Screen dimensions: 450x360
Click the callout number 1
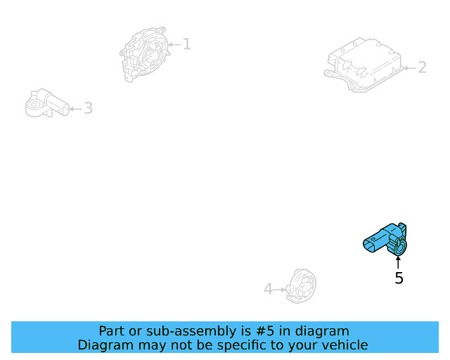(x=187, y=44)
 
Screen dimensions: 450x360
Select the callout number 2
(x=422, y=67)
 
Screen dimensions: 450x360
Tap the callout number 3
(x=88, y=108)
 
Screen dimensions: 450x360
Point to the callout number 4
(x=268, y=289)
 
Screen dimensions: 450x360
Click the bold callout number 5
(x=399, y=278)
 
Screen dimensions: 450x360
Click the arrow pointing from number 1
(x=174, y=44)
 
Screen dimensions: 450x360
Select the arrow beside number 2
(x=409, y=68)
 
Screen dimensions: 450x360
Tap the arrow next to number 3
(x=75, y=109)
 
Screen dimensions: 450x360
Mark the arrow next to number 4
(x=280, y=290)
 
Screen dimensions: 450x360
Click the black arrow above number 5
(x=398, y=262)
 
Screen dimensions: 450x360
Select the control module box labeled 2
(x=364, y=65)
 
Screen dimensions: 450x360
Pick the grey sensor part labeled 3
(x=47, y=103)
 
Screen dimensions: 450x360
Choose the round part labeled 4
(x=301, y=286)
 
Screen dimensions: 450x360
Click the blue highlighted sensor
(x=385, y=239)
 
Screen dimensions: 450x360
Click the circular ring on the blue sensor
(x=400, y=247)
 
